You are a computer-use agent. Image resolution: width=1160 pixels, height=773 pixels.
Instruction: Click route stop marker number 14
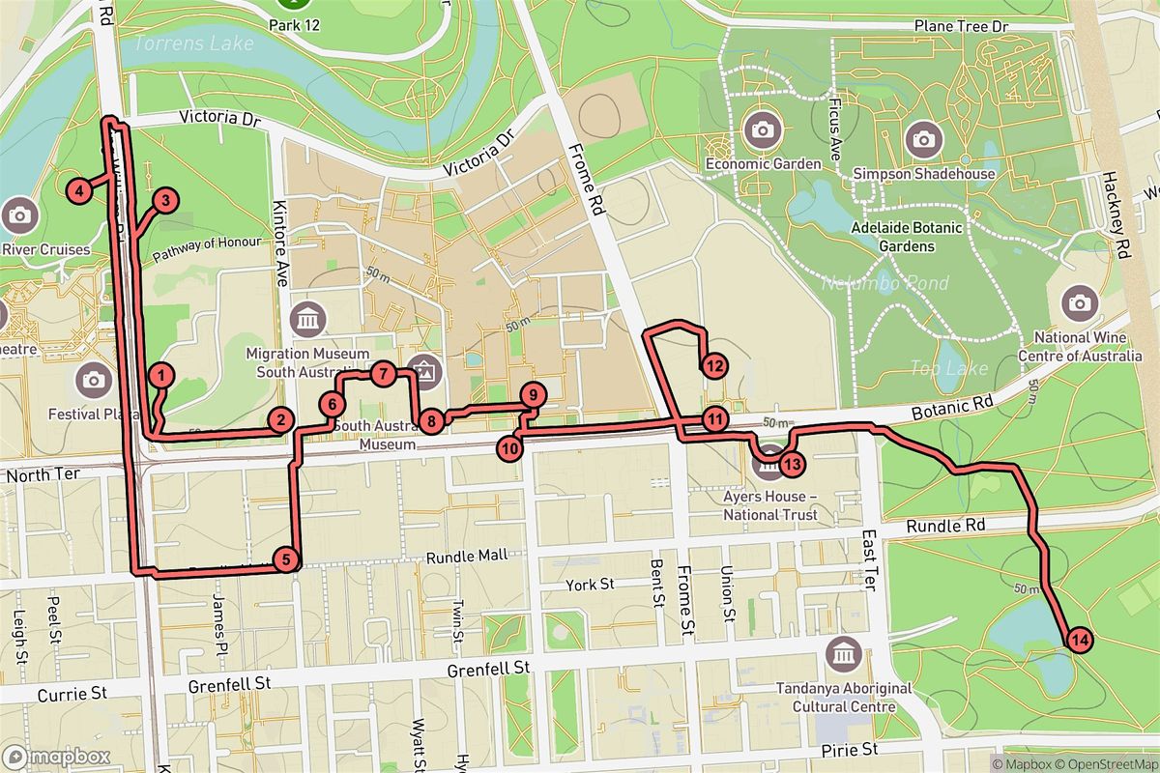(x=1079, y=639)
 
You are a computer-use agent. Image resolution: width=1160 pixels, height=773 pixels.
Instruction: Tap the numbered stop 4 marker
(x=80, y=190)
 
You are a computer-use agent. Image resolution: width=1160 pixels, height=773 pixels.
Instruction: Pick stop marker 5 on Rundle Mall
(x=284, y=558)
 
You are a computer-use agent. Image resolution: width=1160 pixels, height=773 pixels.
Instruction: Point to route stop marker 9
(x=532, y=394)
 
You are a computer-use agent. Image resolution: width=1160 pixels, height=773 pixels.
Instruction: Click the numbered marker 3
(x=165, y=201)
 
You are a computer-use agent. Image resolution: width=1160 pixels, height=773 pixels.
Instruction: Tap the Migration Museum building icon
(x=308, y=318)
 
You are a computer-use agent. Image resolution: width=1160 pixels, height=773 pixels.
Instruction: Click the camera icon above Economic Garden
(x=763, y=129)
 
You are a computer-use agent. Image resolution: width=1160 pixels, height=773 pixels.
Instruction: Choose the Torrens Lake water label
(x=194, y=43)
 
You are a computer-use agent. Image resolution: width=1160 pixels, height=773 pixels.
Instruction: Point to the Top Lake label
(x=936, y=368)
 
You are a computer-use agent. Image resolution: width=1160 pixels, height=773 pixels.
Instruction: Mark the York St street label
(x=592, y=585)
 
